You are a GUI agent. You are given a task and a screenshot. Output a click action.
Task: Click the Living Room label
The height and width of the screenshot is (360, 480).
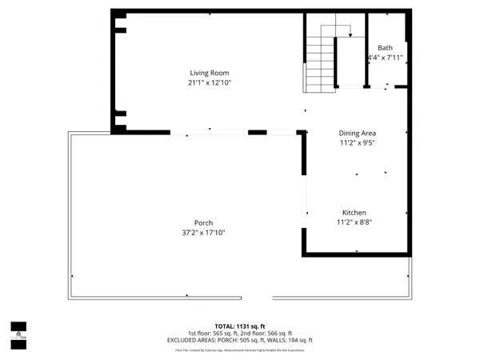202,73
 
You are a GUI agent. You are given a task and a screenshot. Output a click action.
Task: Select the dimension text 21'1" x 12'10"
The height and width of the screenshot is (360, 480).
202,82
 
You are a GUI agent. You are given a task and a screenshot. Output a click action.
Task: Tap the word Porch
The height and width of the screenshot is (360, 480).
203,223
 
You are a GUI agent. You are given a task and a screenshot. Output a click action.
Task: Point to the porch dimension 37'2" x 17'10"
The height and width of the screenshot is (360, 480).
203,233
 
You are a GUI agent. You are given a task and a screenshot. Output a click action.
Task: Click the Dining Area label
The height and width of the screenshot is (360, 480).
358,133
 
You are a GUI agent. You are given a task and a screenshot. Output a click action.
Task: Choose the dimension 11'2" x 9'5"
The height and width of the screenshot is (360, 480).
358,142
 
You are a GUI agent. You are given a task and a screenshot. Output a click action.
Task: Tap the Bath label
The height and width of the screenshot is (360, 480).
386,48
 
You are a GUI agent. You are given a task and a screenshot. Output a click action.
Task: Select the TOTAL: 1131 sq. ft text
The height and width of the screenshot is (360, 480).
240,326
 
